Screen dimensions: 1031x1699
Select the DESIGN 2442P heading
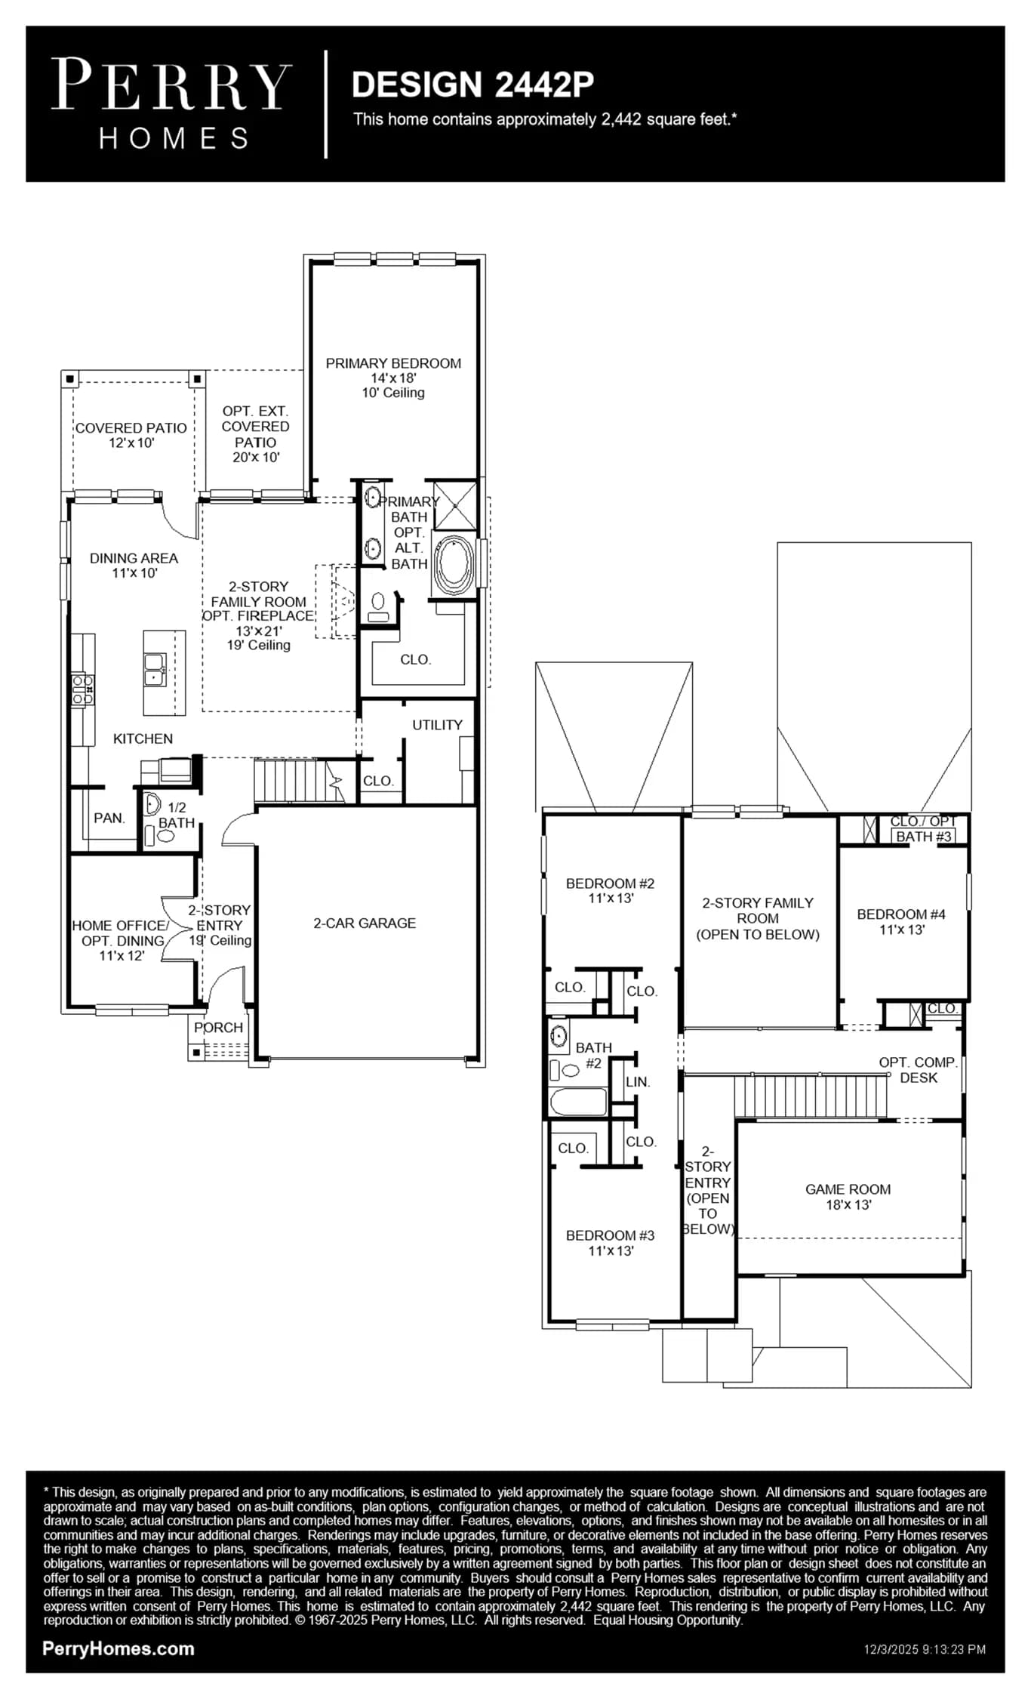[x=472, y=85]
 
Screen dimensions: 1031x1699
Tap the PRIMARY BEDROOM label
[x=393, y=363]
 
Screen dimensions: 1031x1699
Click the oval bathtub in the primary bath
[x=454, y=564]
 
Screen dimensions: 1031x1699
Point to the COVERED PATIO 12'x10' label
[x=131, y=435]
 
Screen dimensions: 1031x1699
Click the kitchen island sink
[x=155, y=670]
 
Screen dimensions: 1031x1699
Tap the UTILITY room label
[x=437, y=725]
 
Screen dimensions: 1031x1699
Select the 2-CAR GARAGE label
[x=365, y=923]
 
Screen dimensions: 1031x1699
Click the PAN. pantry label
[x=109, y=818]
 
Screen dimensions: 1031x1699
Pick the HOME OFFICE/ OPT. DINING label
[x=121, y=933]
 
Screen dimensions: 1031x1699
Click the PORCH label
[x=218, y=1028]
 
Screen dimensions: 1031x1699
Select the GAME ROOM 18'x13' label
[x=848, y=1197]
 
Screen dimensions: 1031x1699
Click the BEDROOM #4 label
[x=901, y=914]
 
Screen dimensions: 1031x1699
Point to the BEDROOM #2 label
[x=611, y=883]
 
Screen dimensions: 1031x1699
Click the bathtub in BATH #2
[x=579, y=1102]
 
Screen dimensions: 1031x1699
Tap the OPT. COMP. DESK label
[x=919, y=1070]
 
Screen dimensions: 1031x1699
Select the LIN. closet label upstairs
[x=638, y=1082]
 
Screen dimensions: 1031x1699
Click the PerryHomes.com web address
[x=118, y=1648]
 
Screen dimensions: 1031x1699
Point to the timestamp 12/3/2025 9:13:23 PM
[x=925, y=1649]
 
